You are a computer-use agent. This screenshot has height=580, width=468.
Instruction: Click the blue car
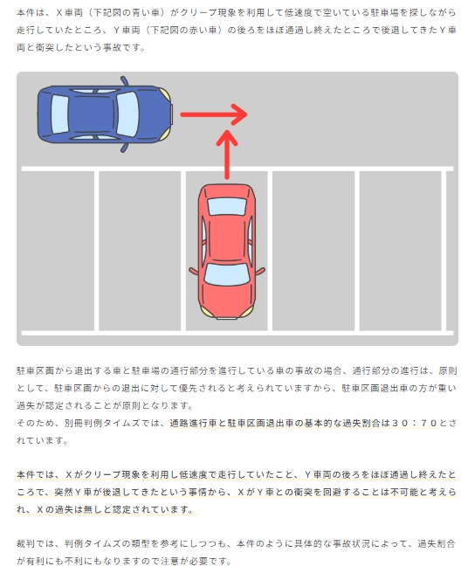pos(105,114)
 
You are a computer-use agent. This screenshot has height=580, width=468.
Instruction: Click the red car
pos(227,252)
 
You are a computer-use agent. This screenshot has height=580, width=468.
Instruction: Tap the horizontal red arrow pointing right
pos(214,114)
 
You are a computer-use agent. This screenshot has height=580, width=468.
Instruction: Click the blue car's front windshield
pos(127,114)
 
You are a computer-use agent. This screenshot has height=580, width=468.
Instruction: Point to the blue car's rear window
pos(60,114)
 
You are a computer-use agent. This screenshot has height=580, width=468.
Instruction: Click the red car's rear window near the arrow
pos(227,206)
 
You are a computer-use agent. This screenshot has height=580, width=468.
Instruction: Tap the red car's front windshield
pos(227,274)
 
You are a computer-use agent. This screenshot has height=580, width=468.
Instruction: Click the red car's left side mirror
pos(194,271)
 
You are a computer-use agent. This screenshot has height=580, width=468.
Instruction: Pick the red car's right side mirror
pos(260,271)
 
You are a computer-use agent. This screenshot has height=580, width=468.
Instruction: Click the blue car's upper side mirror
pos(125,81)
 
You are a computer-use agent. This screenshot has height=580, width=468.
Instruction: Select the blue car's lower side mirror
pos(125,148)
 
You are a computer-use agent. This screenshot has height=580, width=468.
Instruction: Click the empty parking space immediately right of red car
pos(313,251)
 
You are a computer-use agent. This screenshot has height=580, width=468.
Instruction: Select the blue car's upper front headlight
pos(165,94)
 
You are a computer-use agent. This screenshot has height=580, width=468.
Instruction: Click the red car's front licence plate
pos(227,318)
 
